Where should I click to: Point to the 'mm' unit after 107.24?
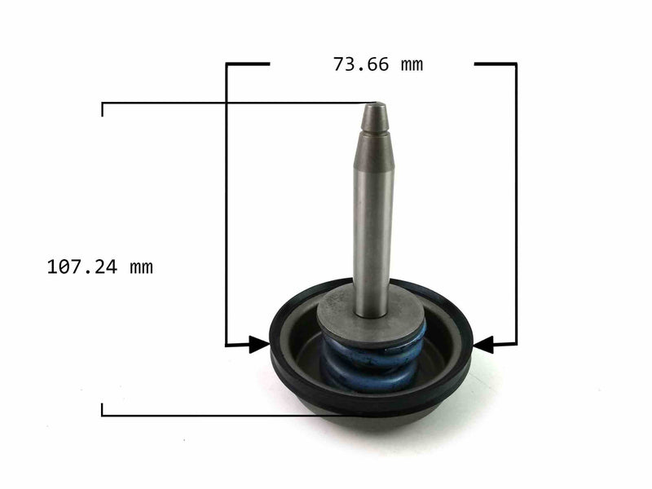[140, 267]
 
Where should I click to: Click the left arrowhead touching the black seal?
[260, 346]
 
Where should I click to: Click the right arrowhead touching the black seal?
[482, 346]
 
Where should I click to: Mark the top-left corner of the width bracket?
[227, 64]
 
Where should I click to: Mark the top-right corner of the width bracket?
[515, 64]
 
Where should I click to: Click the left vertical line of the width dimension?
[227, 204]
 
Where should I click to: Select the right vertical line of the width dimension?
[515, 204]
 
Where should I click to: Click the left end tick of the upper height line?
[103, 108]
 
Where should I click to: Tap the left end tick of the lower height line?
[103, 410]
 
